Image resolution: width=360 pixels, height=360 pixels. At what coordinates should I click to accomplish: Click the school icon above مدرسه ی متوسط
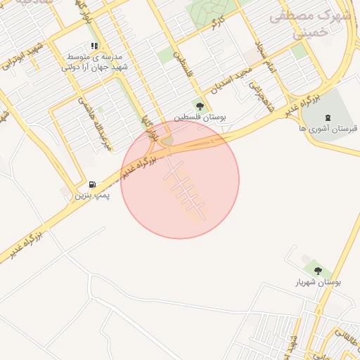click(94, 46)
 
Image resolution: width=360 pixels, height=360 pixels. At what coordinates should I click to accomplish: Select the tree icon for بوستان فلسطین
click(200, 107)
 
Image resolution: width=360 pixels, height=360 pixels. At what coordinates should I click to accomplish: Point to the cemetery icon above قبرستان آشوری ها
click(327, 117)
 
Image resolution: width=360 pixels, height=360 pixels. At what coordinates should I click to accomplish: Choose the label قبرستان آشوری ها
click(328, 129)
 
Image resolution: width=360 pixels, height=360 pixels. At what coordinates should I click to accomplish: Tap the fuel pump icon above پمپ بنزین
click(93, 184)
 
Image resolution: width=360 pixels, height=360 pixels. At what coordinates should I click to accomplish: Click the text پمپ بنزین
click(93, 195)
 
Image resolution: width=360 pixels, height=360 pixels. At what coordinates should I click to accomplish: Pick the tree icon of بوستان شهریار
click(318, 271)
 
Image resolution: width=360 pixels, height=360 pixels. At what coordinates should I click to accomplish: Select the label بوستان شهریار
click(319, 282)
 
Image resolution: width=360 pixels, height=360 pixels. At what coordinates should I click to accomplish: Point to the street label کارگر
click(216, 22)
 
